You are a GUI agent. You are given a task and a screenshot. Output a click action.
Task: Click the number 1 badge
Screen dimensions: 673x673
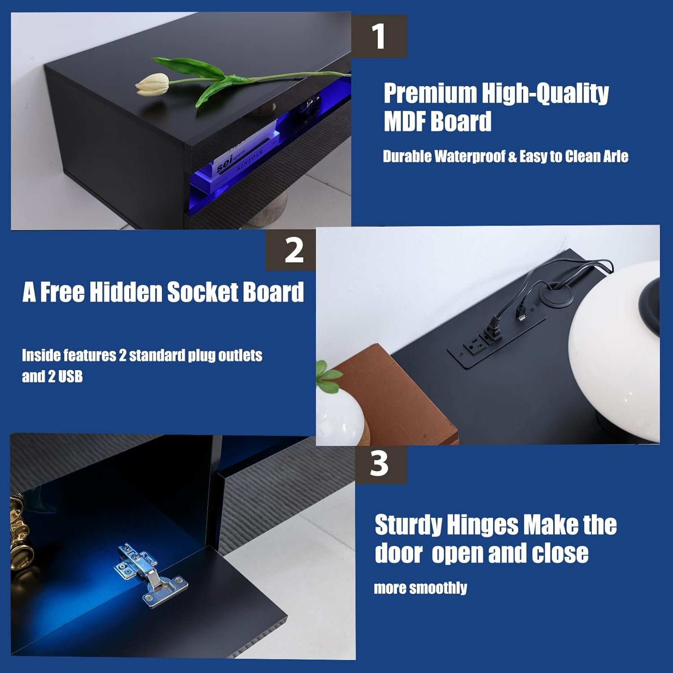click(379, 36)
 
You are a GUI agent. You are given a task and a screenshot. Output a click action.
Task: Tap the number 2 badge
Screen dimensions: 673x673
click(294, 250)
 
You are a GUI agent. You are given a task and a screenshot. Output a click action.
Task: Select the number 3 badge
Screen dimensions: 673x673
click(379, 464)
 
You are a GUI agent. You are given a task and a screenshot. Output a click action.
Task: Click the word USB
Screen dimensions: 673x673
click(70, 376)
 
